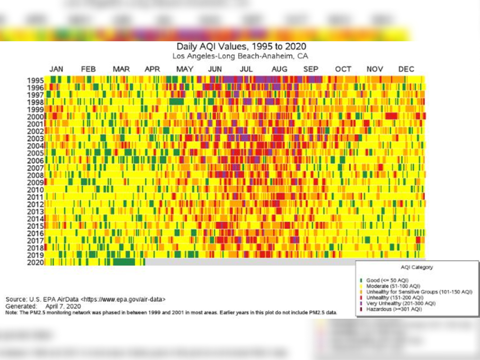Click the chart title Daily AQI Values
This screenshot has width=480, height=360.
(x=241, y=46)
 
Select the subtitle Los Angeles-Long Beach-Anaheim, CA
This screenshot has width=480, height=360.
(x=240, y=56)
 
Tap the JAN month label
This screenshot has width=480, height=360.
(x=57, y=69)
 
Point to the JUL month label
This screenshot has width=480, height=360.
(x=246, y=69)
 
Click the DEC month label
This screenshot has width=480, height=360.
(x=406, y=69)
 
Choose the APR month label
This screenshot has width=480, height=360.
(x=152, y=69)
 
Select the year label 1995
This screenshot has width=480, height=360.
(x=35, y=80)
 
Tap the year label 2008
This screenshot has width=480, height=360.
(x=35, y=175)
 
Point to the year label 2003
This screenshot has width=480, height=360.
(x=35, y=138)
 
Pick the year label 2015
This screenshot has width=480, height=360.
(x=35, y=225)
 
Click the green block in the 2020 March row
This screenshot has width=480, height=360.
(x=124, y=262)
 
